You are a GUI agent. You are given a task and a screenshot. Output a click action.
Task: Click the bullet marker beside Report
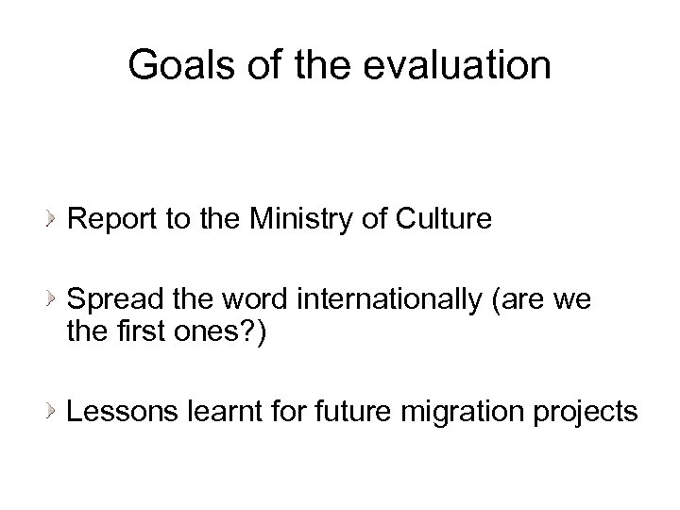[x=53, y=221]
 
